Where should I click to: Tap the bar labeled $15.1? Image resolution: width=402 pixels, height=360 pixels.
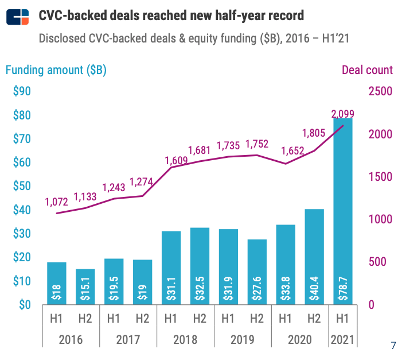[85, 287]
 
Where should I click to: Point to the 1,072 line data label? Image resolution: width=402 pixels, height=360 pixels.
[56, 202]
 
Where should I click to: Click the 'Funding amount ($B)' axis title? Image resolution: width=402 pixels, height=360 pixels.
[56, 70]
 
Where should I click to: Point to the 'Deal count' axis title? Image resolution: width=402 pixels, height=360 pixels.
[367, 70]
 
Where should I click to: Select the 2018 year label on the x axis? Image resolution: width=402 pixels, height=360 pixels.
[185, 339]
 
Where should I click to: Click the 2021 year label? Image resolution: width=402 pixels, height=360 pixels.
[343, 339]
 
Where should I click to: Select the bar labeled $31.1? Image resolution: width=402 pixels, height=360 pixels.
[171, 268]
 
